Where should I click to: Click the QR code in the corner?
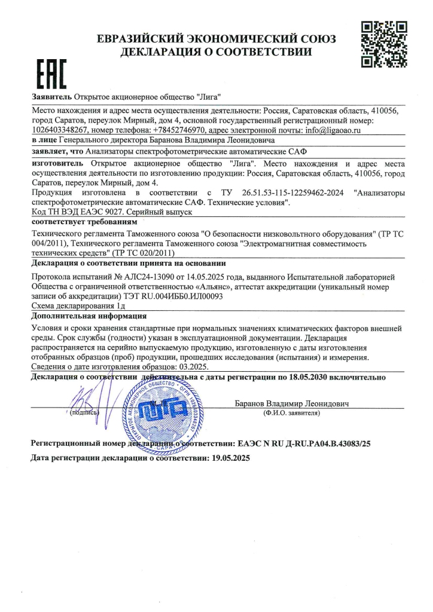pos(385,44)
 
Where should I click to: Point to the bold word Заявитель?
pos(51,96)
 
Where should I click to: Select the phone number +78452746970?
pos(179,129)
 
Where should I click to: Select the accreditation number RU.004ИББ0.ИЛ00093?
pos(176,295)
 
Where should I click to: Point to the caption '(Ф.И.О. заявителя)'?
pos(291,413)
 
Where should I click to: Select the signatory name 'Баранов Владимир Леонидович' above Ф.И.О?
pos(291,402)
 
